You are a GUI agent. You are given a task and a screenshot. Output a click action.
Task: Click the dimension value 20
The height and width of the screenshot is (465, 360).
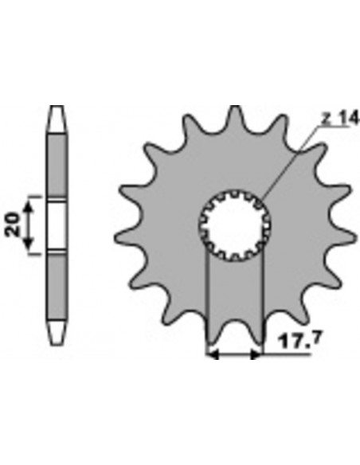coord(12,225)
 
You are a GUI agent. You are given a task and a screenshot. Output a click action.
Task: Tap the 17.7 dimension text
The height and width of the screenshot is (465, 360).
coord(299,341)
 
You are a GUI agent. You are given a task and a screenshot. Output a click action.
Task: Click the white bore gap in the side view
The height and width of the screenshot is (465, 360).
coord(57,226)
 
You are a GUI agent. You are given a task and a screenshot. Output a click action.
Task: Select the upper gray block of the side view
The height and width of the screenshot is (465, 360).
coord(57,164)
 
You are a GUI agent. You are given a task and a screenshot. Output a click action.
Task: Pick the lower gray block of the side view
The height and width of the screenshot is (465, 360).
coord(57,286)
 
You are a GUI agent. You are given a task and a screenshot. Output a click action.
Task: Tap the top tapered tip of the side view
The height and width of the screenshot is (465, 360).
coord(57,119)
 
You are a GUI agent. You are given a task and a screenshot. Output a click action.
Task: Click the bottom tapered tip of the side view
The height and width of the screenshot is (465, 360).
coord(57,331)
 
